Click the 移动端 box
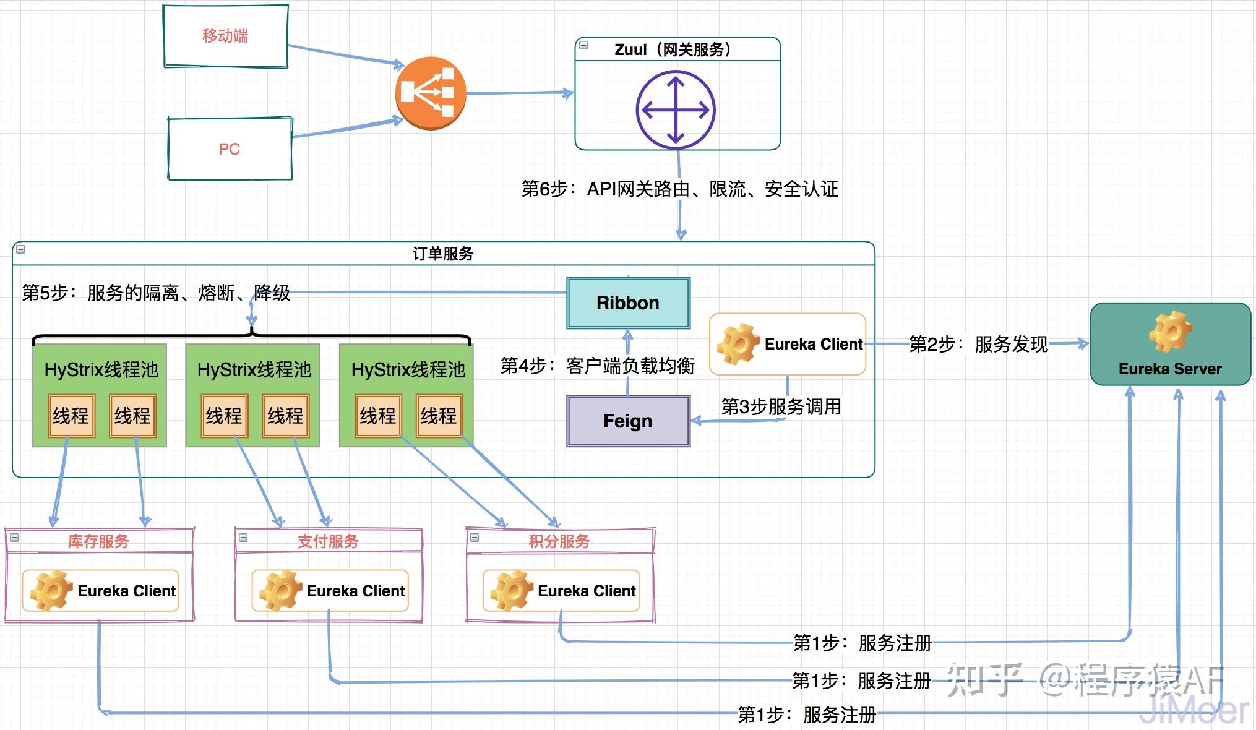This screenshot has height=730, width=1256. [226, 36]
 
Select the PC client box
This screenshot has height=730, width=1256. [230, 148]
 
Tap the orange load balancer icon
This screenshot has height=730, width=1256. [431, 93]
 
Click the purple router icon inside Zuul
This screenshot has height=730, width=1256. [676, 110]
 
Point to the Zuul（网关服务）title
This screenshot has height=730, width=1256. [673, 49]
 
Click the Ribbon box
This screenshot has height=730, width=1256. [628, 303]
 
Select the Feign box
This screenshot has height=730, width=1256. [628, 421]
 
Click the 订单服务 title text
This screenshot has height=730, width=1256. [443, 254]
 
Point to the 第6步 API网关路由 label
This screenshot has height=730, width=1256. [679, 189]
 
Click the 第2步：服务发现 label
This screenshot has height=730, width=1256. [978, 344]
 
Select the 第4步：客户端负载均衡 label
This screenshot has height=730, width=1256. [597, 366]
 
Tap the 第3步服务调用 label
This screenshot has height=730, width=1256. [781, 406]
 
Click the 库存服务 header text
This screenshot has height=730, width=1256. [98, 541]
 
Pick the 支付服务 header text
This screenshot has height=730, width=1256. [329, 541]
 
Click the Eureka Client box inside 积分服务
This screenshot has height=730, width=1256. [561, 591]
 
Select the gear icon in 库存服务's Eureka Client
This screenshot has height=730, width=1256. [51, 591]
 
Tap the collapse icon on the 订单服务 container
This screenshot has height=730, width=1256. [20, 250]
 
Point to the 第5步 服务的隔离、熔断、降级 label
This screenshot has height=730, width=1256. [156, 293]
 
